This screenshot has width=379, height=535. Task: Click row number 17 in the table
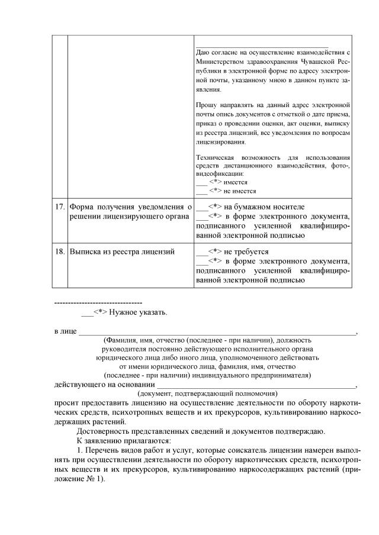59,207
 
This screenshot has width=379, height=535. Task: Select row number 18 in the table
59,252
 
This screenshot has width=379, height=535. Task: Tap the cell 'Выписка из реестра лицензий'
122,252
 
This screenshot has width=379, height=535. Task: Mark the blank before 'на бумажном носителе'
200,208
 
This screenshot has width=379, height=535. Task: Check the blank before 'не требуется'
200,252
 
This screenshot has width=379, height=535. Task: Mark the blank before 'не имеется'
200,191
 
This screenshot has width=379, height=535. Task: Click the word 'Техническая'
212,158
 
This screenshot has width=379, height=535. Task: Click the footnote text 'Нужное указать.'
138,312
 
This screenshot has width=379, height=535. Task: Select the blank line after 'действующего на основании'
258,385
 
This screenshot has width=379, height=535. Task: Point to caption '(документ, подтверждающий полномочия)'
207,394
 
